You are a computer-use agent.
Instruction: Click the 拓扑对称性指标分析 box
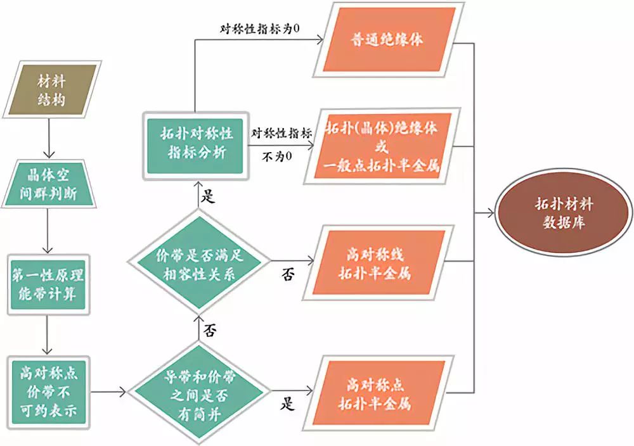(195, 144)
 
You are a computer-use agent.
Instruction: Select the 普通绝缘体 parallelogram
(388, 39)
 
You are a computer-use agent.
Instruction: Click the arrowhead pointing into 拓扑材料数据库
(493, 214)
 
